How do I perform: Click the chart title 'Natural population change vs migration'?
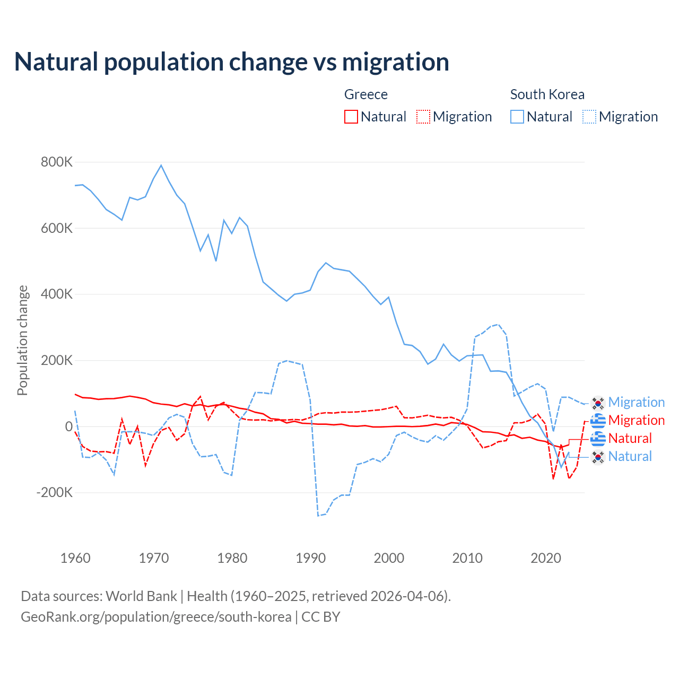(232, 62)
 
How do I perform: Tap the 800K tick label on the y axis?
(57, 162)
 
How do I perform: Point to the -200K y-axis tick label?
(55, 492)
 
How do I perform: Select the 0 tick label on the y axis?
(69, 426)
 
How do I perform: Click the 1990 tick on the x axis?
(311, 558)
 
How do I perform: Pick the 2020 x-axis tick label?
(546, 558)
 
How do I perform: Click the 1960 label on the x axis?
(75, 558)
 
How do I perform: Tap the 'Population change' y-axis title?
(22, 341)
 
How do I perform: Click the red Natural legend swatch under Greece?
(351, 117)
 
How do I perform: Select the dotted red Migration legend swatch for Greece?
(423, 117)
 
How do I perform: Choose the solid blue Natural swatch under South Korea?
(517, 117)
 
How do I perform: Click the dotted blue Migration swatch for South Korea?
(589, 117)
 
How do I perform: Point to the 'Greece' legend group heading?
(366, 94)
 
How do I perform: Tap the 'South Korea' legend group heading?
(547, 94)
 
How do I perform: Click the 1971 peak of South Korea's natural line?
(161, 166)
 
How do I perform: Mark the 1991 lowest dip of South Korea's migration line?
(318, 516)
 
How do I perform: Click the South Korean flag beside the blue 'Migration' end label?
(598, 403)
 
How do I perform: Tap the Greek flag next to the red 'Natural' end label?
(598, 439)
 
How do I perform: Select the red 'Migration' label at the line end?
(637, 421)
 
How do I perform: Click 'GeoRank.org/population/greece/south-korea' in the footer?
(156, 617)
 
